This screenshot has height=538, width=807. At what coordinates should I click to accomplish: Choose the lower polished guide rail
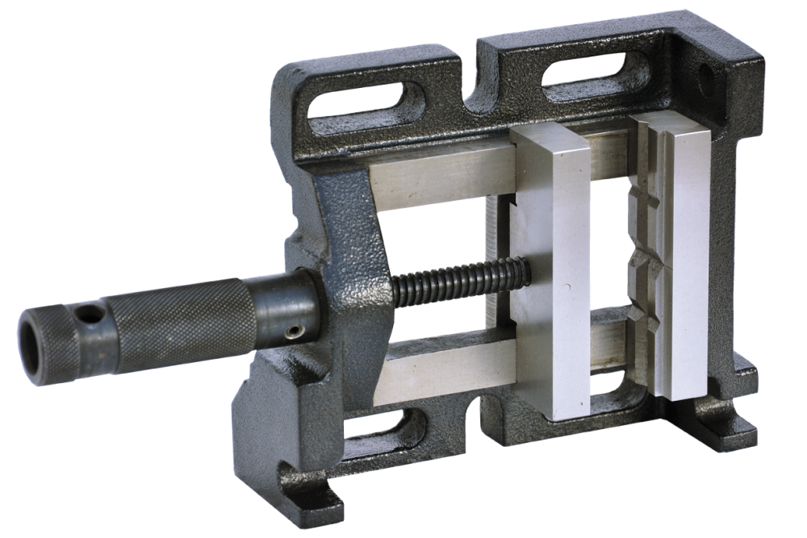point(448,367)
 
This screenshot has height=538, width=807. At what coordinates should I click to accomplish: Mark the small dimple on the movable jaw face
point(570,288)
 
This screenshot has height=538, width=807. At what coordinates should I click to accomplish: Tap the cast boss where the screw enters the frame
point(355,290)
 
